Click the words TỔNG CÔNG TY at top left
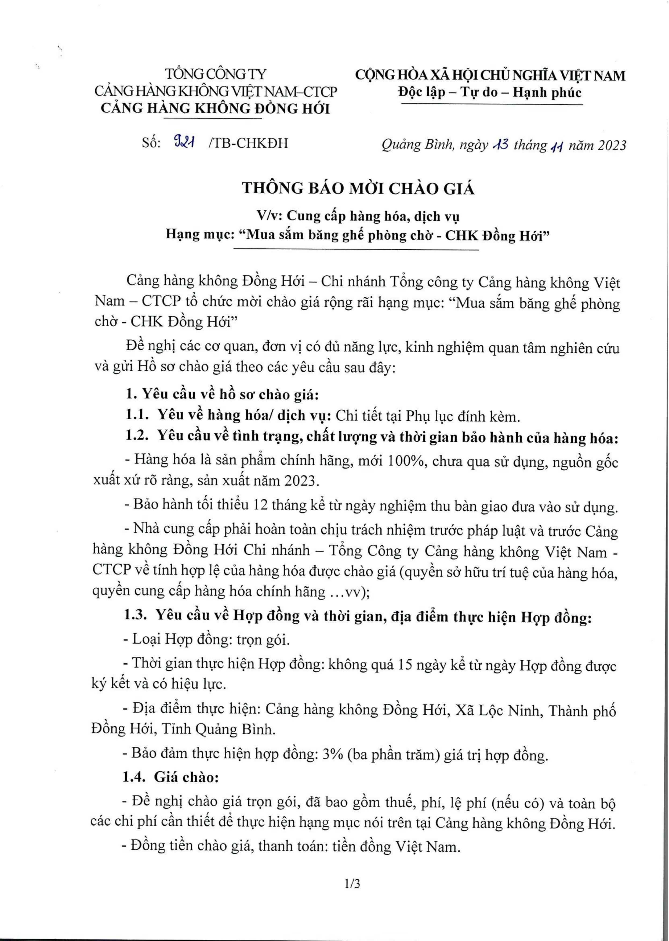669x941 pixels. click(x=216, y=74)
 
